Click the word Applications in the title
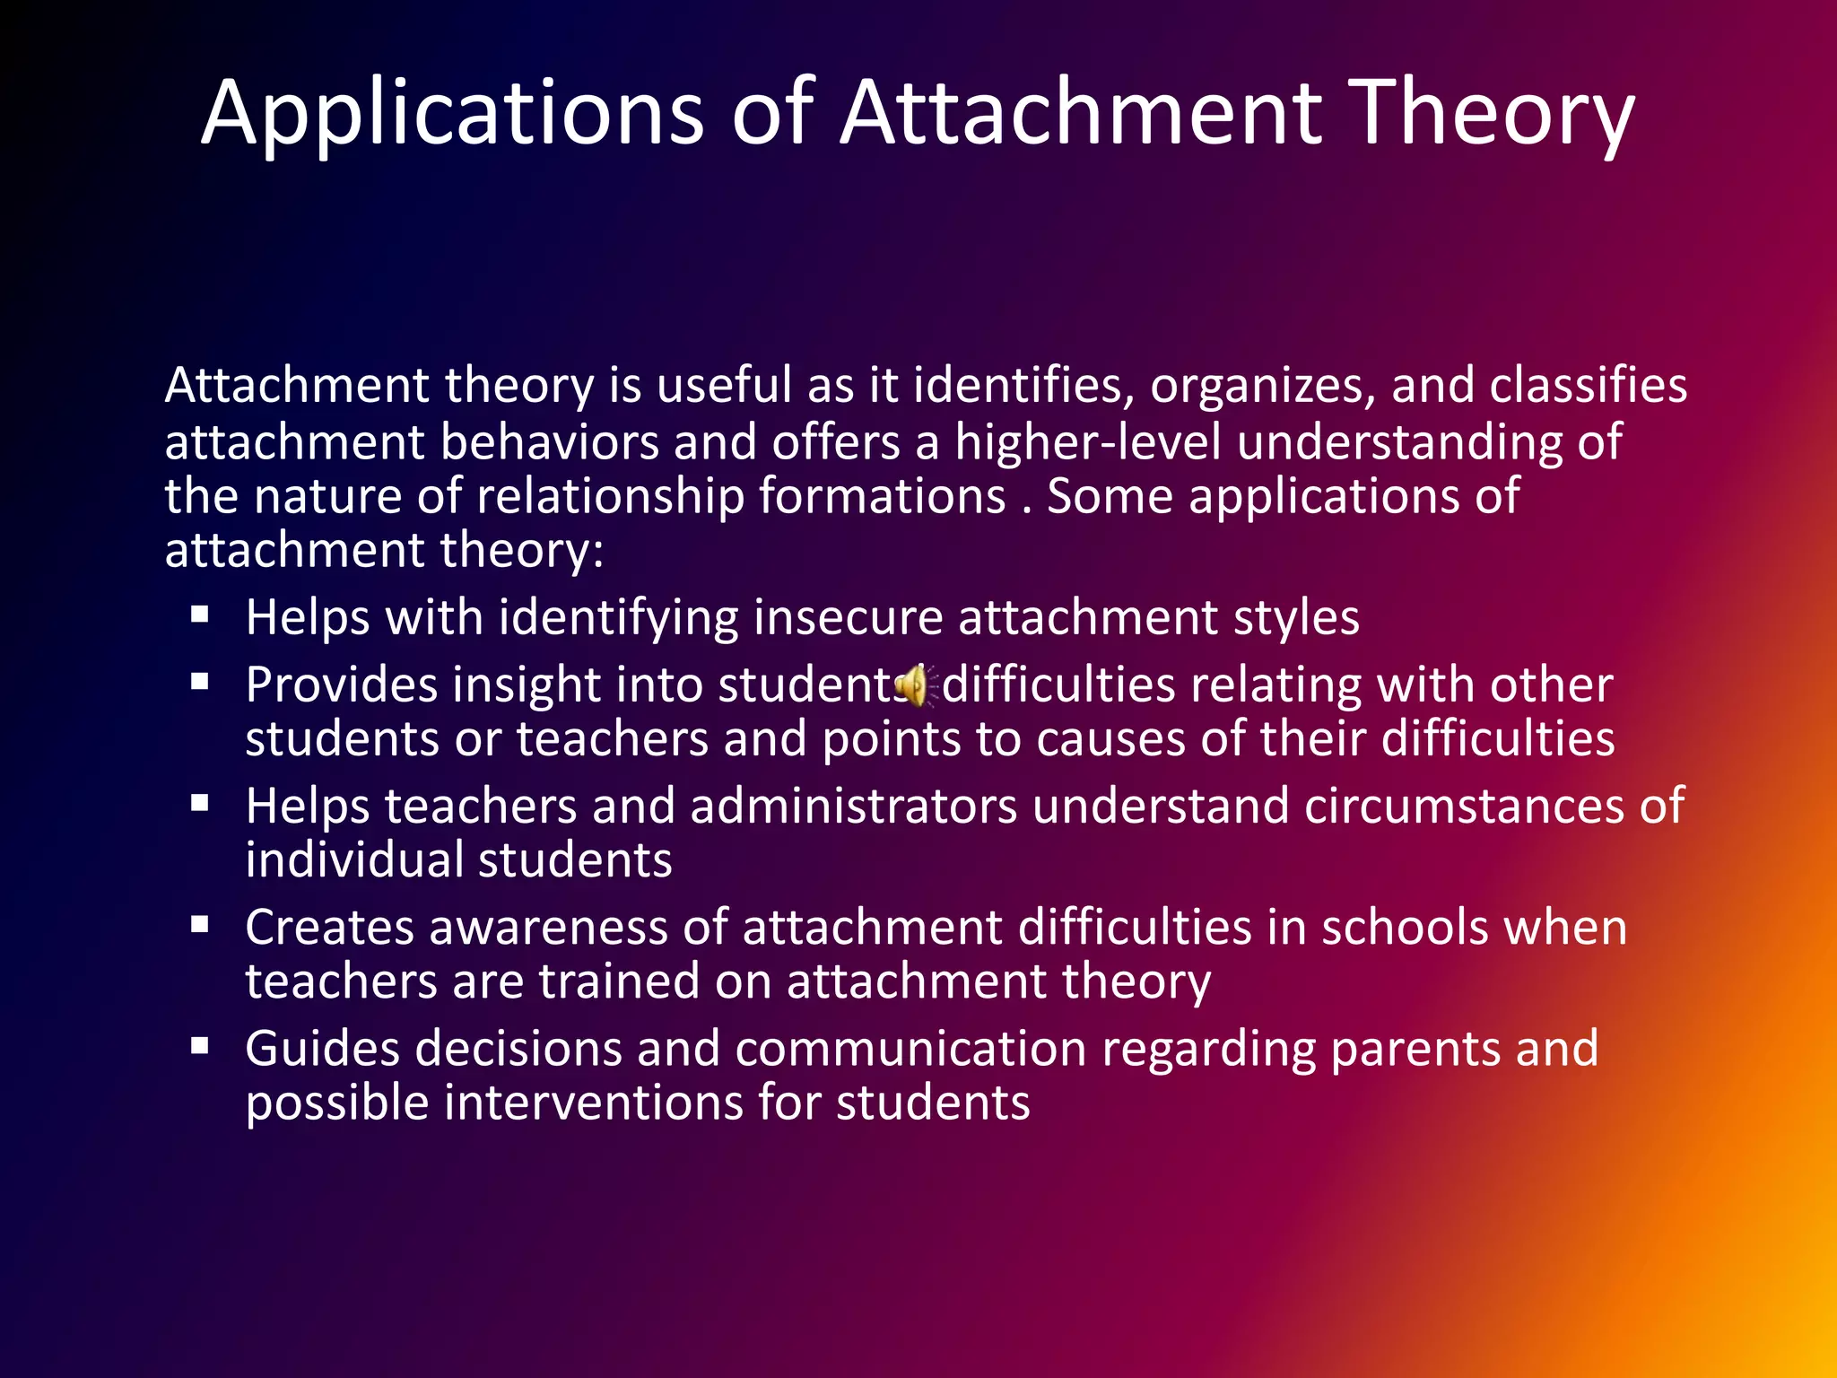(x=453, y=115)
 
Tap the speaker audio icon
(x=913, y=686)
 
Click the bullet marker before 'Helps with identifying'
(x=199, y=615)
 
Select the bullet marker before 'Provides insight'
(x=199, y=683)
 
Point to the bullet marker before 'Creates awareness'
(x=199, y=925)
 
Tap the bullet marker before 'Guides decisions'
(x=199, y=1046)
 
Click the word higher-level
(x=1087, y=442)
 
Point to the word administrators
(x=853, y=807)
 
